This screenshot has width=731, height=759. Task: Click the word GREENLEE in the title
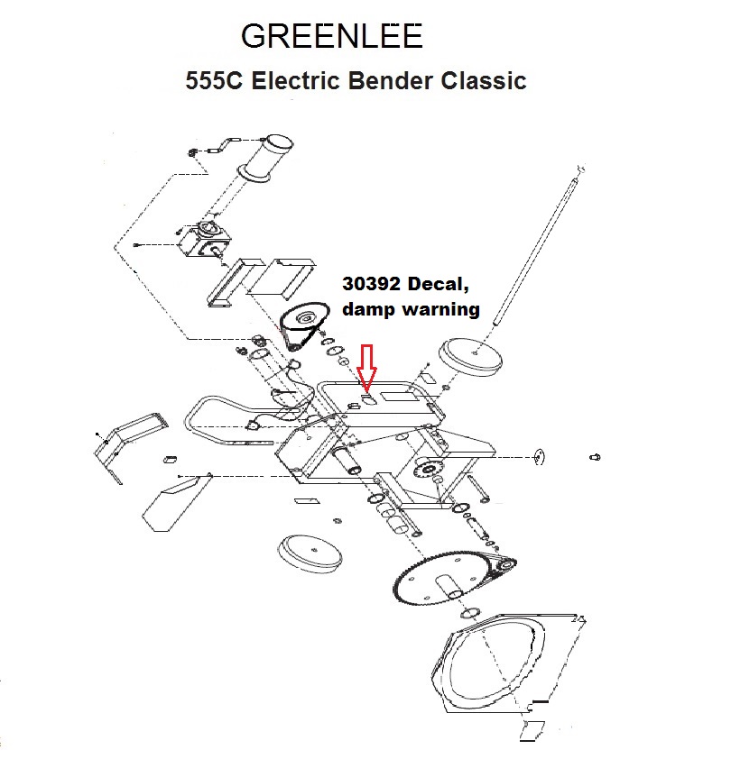pyautogui.click(x=331, y=36)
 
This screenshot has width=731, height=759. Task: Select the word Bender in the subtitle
pyautogui.click(x=390, y=80)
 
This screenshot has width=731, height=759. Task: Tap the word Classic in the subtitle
pyautogui.click(x=484, y=80)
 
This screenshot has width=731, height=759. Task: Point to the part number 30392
pyautogui.click(x=371, y=284)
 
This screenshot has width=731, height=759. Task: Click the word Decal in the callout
pyautogui.click(x=438, y=284)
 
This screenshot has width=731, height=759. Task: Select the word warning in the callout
pyautogui.click(x=441, y=309)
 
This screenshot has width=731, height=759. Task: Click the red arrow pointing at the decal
pyautogui.click(x=367, y=369)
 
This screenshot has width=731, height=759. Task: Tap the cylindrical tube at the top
pyautogui.click(x=265, y=159)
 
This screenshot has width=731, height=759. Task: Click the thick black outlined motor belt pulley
pyautogui.click(x=304, y=323)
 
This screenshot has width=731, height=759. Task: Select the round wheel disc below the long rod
pyautogui.click(x=470, y=357)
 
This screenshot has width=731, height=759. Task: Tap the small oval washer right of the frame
pyautogui.click(x=539, y=457)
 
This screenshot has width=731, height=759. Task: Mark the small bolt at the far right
pyautogui.click(x=595, y=457)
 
